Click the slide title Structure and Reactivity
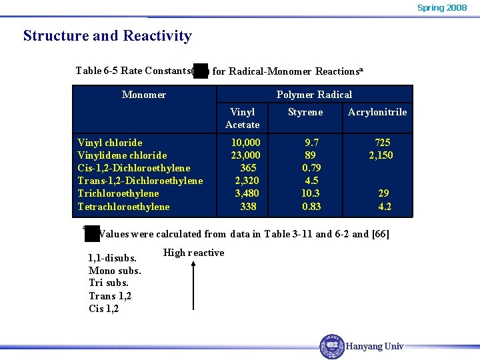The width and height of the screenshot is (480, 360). [107, 36]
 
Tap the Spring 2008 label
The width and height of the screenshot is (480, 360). [442, 8]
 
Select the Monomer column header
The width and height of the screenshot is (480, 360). [144, 95]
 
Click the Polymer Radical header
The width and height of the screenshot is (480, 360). [314, 95]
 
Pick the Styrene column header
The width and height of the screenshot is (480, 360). [305, 112]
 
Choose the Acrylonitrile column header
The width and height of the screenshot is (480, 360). [377, 112]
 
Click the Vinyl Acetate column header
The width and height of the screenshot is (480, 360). [243, 118]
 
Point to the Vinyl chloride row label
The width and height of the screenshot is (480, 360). [110, 143]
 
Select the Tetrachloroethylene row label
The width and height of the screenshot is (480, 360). [123, 207]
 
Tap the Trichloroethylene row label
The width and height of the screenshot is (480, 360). [118, 193]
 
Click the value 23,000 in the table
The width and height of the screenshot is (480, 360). [245, 155]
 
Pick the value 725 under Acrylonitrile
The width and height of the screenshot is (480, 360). [383, 143]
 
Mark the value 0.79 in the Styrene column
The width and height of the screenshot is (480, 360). [311, 168]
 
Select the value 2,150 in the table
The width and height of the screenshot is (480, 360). [381, 155]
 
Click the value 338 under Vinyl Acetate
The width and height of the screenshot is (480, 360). [248, 207]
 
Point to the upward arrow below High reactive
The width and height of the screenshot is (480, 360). [193, 287]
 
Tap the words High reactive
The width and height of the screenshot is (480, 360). [193, 253]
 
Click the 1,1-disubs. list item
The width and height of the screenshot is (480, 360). [113, 258]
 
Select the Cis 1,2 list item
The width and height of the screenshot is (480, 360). [103, 309]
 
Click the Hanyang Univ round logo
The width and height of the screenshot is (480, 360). [332, 347]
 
